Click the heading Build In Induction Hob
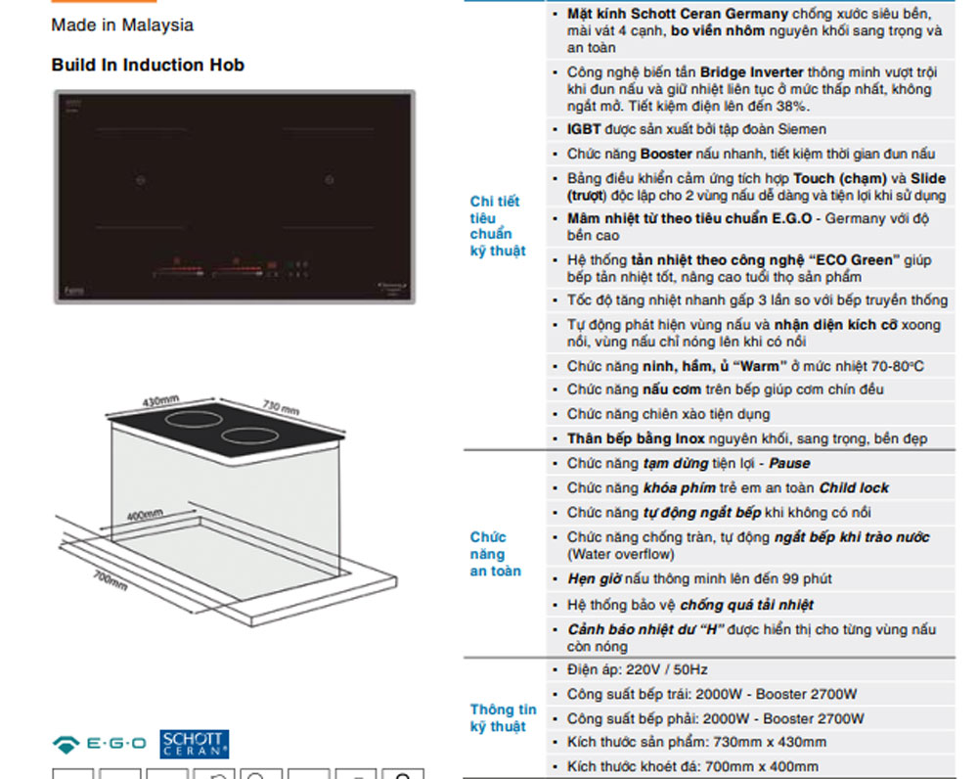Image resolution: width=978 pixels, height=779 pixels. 148,65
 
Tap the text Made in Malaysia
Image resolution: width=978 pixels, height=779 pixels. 122,25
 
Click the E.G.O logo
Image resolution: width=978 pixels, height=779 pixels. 99,744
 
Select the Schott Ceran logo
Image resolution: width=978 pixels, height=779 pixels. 194,744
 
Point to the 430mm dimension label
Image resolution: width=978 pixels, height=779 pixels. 160,400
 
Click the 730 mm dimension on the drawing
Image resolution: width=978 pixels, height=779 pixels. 281,407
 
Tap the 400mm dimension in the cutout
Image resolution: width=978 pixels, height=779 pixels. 145,515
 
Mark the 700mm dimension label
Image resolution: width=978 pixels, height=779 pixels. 111,580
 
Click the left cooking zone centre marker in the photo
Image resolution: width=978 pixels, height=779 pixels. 141,180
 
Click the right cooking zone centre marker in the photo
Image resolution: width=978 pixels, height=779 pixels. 329,180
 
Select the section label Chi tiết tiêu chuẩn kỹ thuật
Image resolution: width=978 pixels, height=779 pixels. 498,226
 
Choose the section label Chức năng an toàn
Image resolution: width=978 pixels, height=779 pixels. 495,554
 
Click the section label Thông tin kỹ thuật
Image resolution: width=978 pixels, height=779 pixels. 503,717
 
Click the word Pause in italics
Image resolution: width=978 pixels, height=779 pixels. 789,463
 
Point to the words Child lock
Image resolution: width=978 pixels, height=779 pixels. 853,487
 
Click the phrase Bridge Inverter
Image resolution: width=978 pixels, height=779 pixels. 751,72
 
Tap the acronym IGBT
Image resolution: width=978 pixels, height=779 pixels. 584,129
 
